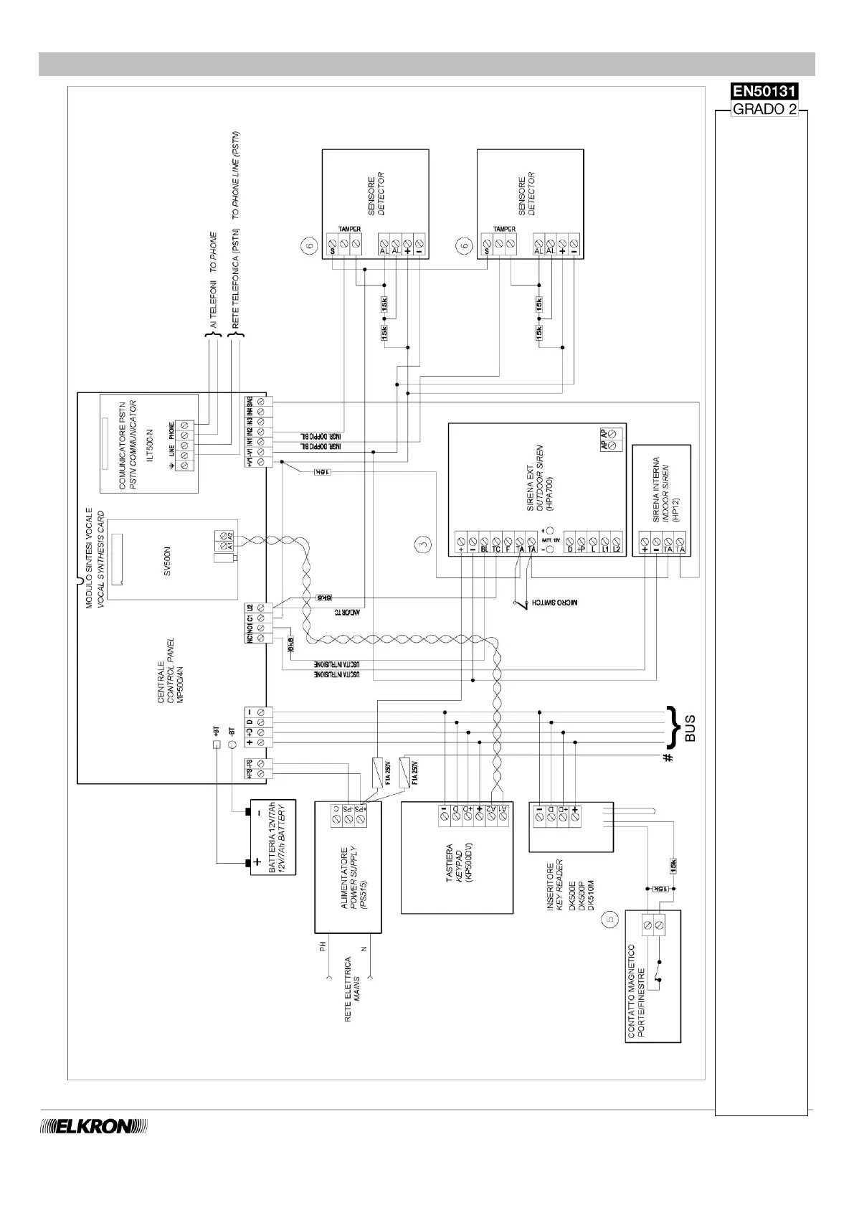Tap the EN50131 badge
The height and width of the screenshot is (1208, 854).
click(x=764, y=92)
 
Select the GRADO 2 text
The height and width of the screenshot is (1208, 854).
click(x=764, y=110)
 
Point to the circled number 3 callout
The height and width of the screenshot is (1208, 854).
click(x=424, y=544)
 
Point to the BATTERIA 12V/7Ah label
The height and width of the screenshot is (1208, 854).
click(x=277, y=836)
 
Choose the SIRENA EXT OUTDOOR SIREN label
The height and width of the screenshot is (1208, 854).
click(x=540, y=477)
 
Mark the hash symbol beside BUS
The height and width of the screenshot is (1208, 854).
click(x=668, y=757)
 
